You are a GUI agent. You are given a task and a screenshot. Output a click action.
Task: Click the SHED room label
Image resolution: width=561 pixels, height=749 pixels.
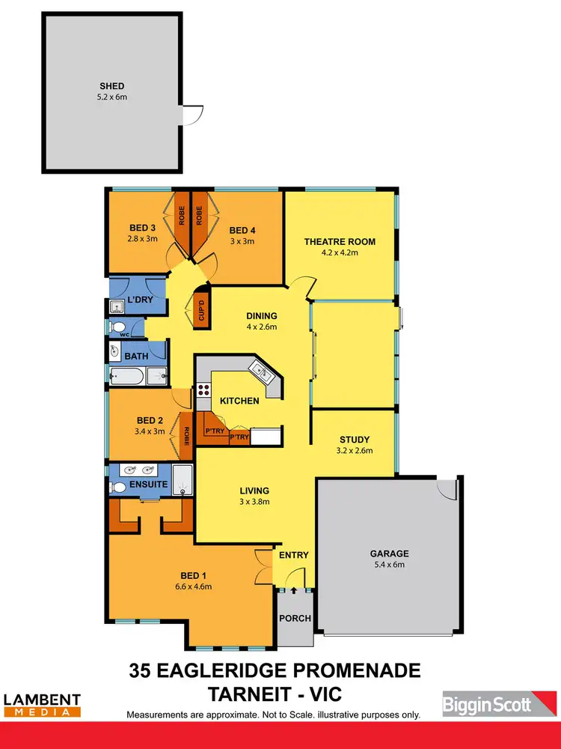click(x=111, y=86)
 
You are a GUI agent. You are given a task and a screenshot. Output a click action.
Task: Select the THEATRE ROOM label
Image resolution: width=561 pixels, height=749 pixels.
click(x=340, y=242)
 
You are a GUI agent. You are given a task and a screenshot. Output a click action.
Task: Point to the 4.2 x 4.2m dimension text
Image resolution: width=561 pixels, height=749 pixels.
click(x=340, y=253)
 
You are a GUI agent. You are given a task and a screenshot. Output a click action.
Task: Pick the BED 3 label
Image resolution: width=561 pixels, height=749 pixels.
click(x=142, y=229)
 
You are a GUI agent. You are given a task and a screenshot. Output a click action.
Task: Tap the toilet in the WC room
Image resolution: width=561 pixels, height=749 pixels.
click(x=118, y=327)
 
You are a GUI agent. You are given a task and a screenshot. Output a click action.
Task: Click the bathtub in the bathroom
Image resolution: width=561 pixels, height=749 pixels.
click(x=129, y=376)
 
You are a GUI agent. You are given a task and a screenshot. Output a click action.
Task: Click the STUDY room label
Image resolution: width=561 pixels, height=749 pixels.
click(x=355, y=440)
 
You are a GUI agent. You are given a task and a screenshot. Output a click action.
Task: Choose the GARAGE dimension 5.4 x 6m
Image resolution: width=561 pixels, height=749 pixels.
click(x=389, y=565)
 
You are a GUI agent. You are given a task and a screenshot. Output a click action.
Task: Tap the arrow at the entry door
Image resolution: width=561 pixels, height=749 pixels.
click(x=293, y=589)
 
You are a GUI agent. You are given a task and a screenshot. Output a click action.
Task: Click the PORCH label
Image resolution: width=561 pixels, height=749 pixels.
click(x=294, y=619)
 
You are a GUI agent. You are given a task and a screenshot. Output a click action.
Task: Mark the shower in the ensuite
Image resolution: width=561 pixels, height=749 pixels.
click(x=183, y=480)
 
